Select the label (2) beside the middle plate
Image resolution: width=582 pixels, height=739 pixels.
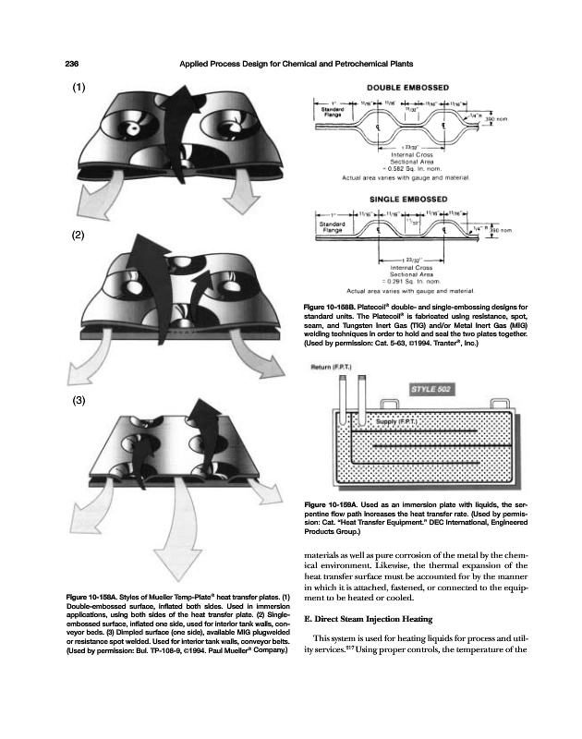79,235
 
